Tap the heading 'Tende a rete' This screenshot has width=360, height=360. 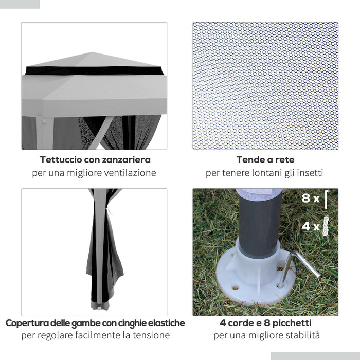[x=265, y=160]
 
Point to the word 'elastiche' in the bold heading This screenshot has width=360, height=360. [x=164, y=323]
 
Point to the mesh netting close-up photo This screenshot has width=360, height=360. [x=265, y=86]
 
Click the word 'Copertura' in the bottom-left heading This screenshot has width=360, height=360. [x=30, y=323]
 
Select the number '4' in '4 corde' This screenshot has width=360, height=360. [x=223, y=323]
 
